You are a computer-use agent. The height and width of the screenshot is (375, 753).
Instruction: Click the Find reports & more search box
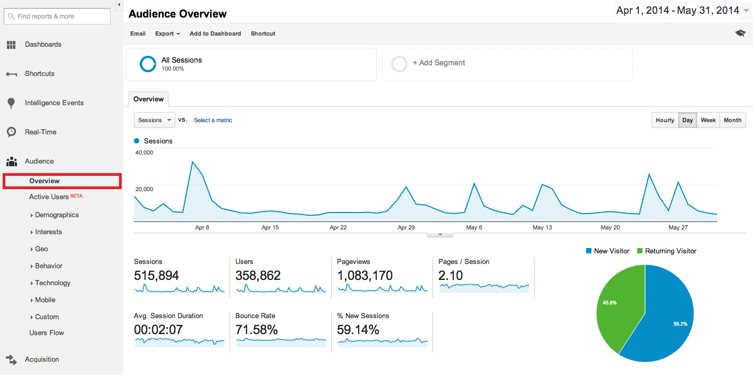(57, 16)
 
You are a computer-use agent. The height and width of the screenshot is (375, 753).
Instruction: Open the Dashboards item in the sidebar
(43, 45)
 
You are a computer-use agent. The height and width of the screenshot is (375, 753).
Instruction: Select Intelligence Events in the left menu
(54, 103)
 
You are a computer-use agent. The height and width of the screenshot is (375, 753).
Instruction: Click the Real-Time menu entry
(40, 132)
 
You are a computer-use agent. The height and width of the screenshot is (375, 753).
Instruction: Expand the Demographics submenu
(56, 215)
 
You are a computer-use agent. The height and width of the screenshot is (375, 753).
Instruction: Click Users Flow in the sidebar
(46, 333)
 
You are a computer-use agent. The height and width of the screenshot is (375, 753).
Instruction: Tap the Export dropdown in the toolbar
(167, 33)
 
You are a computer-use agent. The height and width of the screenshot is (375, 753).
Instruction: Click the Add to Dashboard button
(215, 33)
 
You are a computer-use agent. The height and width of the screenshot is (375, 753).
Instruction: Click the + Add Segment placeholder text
(438, 63)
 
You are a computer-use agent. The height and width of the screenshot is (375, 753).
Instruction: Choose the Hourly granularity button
(665, 120)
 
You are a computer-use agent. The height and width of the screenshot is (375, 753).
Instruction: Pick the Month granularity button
(732, 120)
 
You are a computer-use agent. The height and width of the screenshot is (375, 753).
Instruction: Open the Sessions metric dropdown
(155, 120)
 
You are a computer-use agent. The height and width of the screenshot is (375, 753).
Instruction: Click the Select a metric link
(213, 121)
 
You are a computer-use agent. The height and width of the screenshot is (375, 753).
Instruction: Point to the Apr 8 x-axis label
(202, 227)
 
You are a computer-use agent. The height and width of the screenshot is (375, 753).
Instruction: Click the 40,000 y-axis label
(145, 153)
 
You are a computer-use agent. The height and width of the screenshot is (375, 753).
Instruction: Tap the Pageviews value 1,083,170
(365, 276)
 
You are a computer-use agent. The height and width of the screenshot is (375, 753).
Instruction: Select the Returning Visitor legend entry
(670, 251)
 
